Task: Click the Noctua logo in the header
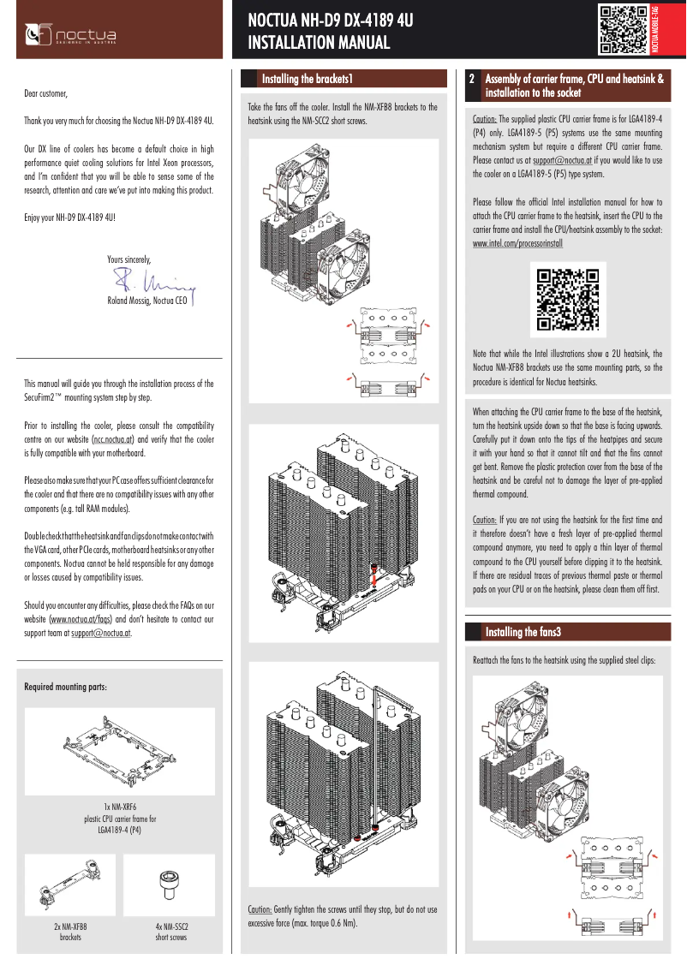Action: click(73, 35)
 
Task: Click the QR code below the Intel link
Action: click(566, 300)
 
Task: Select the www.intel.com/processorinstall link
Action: click(517, 243)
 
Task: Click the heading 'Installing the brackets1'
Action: click(308, 79)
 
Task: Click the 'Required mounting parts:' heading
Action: click(65, 687)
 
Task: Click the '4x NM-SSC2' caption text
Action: click(170, 926)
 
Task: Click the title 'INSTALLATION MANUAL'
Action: click(319, 43)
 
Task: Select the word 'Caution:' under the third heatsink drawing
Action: click(260, 909)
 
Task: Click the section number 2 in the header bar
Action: click(472, 79)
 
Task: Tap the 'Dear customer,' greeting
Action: click(45, 92)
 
